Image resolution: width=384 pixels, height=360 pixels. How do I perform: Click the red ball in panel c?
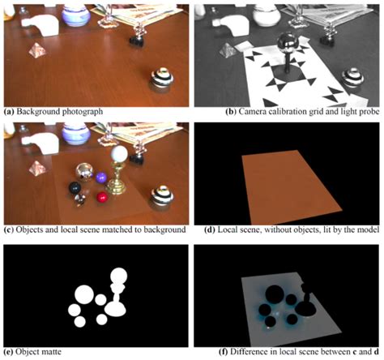[x=102, y=197]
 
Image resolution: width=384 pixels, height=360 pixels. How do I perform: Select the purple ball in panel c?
[x=101, y=178]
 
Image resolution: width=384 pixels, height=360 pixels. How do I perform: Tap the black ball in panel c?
[x=75, y=188]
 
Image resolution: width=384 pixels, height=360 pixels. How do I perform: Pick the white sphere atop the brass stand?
[x=119, y=154]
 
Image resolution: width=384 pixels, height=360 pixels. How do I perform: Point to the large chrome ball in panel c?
[x=84, y=172]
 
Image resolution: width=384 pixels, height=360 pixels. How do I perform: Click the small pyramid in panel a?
[x=37, y=50]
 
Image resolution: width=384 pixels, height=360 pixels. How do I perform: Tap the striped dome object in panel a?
[x=162, y=79]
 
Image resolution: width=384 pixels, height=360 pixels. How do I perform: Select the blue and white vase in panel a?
[x=76, y=15]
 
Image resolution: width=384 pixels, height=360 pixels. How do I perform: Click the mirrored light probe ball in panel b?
[x=288, y=42]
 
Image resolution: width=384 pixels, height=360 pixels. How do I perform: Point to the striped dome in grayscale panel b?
[x=353, y=78]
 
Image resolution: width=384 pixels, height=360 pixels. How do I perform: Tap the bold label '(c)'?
[x=9, y=230]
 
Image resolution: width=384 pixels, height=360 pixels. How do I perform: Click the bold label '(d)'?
[x=210, y=230]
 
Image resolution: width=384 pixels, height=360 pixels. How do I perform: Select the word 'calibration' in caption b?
[x=285, y=111]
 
